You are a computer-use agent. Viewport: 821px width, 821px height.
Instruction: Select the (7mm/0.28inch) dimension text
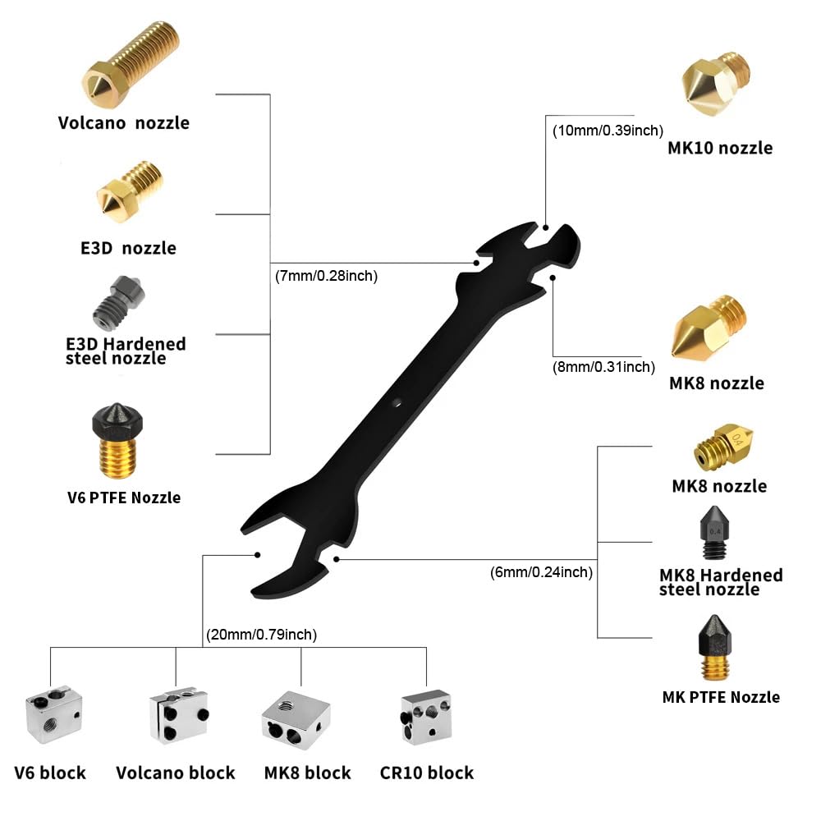(326, 276)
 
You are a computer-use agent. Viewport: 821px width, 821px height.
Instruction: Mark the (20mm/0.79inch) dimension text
(259, 635)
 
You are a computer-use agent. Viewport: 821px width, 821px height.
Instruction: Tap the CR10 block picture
(425, 715)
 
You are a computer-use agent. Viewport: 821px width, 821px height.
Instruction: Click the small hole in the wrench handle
(395, 402)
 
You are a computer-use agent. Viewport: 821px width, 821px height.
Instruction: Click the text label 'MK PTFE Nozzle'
(721, 697)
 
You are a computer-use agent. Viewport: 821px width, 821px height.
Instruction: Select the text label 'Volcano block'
(176, 773)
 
